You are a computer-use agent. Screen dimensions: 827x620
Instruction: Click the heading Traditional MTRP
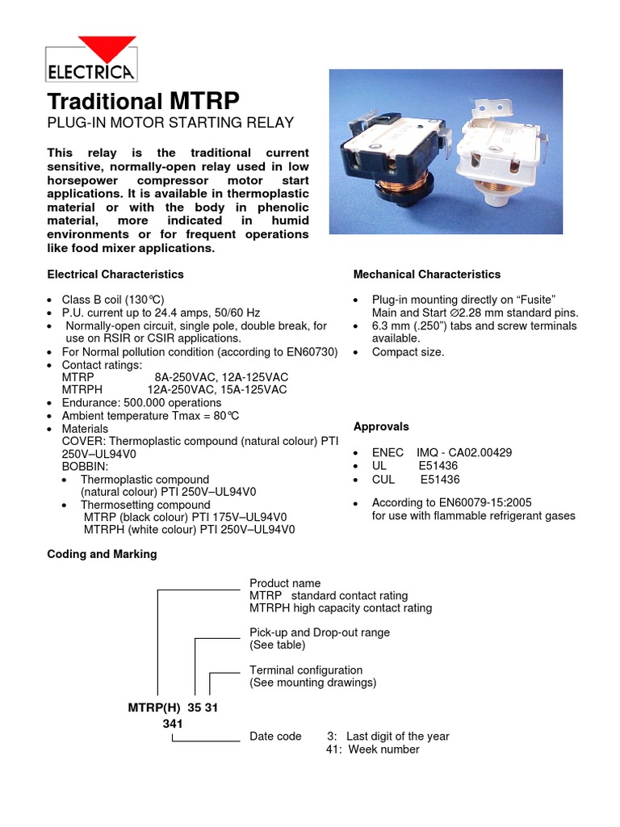click(x=144, y=102)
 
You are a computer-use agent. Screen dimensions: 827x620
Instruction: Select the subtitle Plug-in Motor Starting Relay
click(x=170, y=123)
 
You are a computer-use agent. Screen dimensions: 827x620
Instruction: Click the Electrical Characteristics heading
click(x=115, y=275)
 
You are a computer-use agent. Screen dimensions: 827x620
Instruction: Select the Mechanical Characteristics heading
click(x=427, y=275)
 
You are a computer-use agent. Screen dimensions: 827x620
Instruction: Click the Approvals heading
click(x=381, y=426)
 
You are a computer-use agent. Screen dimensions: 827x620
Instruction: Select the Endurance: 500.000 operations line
click(x=141, y=402)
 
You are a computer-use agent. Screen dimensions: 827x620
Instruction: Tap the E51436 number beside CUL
click(x=439, y=479)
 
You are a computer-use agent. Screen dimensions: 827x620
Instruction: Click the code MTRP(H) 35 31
click(x=173, y=707)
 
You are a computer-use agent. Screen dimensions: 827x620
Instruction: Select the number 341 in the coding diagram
click(x=174, y=724)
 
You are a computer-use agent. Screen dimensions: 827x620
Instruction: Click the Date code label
click(x=275, y=737)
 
